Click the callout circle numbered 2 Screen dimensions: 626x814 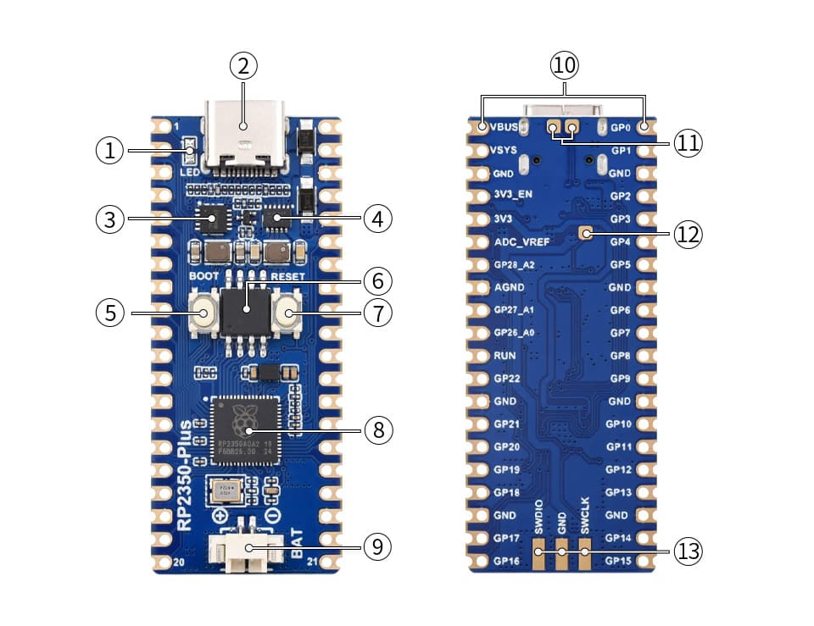243,65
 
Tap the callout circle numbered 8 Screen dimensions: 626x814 378,430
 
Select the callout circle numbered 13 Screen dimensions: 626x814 688,552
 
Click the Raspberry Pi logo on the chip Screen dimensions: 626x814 244,418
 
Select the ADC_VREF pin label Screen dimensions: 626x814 521,241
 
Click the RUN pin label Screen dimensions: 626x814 505,356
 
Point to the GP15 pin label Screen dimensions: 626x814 618,561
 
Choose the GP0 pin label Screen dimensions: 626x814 621,128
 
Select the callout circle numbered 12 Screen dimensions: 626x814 688,234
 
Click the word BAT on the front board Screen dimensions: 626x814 297,542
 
